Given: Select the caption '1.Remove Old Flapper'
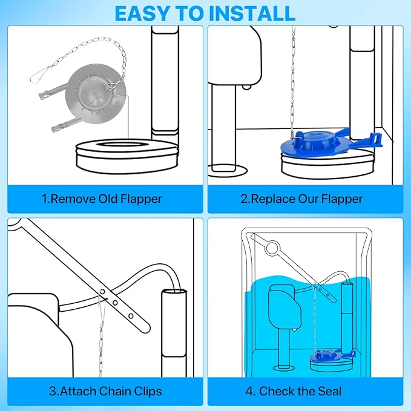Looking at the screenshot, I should click(x=102, y=198).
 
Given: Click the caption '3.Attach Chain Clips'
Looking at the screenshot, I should click(x=105, y=391).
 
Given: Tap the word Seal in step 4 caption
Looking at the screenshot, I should click(x=326, y=391).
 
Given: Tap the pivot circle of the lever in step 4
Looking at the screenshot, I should click(x=272, y=247).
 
